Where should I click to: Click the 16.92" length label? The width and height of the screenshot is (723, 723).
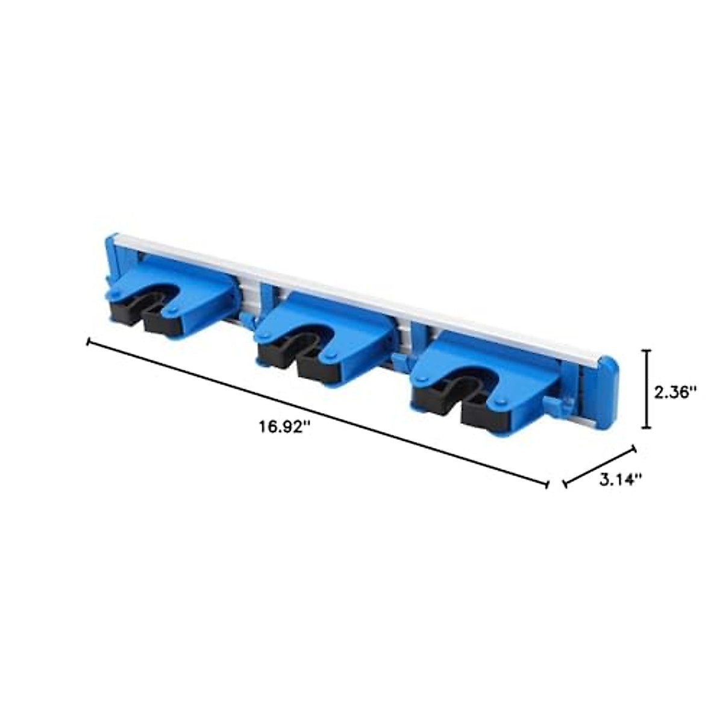(285, 427)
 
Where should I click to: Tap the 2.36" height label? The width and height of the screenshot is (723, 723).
(675, 392)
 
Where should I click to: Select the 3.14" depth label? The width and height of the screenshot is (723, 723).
(620, 480)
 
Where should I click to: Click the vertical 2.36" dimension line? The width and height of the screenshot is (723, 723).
(647, 389)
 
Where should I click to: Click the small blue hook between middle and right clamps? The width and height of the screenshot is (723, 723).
(398, 361)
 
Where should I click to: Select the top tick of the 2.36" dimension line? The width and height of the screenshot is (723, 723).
(647, 351)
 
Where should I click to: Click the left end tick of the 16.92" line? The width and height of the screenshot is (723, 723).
(90, 342)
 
